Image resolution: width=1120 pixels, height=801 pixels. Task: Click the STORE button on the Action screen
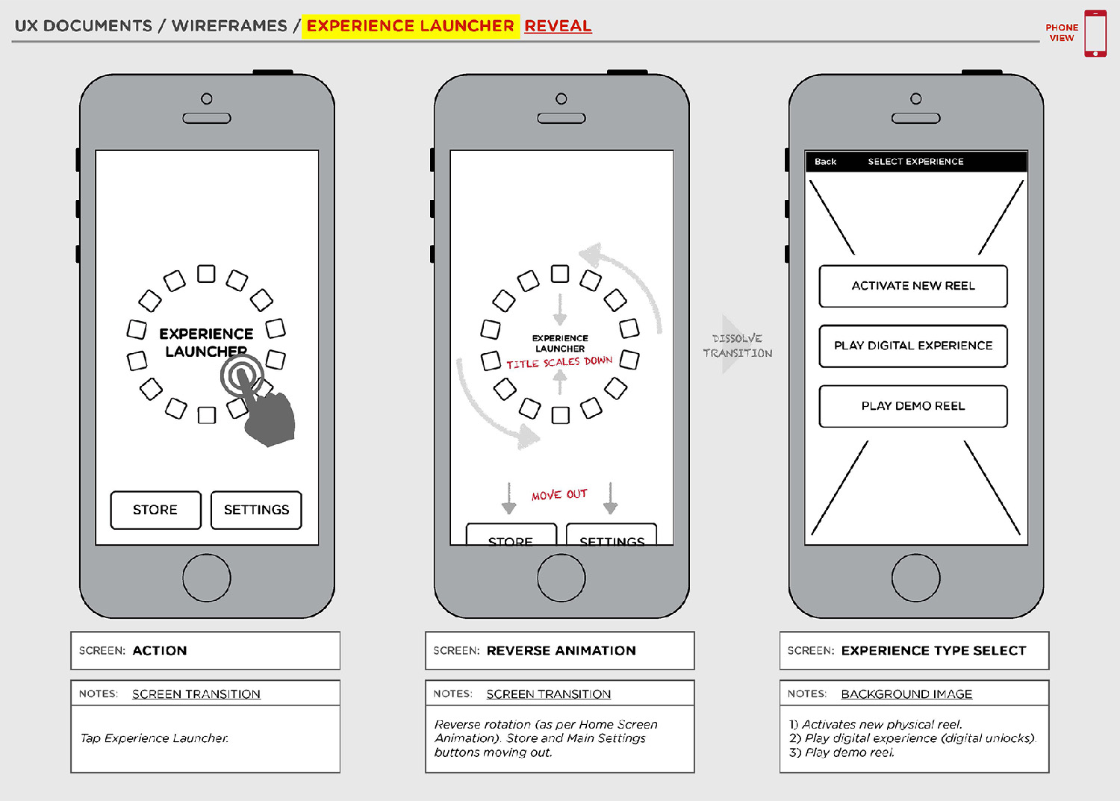tap(155, 510)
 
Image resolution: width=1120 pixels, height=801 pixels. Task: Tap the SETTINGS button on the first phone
tap(256, 510)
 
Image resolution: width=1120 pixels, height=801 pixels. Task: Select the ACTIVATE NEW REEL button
tap(912, 286)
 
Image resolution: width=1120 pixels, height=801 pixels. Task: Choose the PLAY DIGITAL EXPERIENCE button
tap(912, 346)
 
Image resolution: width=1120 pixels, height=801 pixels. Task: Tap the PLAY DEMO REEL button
tap(912, 406)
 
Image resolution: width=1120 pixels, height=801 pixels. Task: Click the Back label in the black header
tap(825, 162)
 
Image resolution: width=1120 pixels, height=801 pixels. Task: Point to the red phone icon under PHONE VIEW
tap(1095, 34)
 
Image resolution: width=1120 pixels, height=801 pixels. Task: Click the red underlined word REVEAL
tap(558, 26)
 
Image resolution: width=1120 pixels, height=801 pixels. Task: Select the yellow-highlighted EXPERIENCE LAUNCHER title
tap(410, 26)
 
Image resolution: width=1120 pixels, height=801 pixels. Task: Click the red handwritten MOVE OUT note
tap(559, 495)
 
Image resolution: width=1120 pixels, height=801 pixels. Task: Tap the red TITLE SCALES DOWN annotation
tap(559, 363)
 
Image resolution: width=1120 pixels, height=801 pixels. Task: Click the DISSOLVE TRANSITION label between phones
tap(737, 346)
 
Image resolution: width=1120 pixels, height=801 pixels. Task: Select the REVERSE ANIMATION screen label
tap(561, 651)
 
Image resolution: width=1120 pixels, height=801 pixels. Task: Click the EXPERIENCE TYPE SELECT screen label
tap(933, 651)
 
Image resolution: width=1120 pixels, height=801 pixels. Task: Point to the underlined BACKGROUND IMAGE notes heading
tap(906, 694)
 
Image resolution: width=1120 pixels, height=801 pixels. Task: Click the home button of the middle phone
tap(561, 578)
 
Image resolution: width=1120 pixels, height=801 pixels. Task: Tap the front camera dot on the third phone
tap(915, 99)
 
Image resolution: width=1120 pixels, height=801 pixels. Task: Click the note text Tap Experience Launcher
tap(155, 738)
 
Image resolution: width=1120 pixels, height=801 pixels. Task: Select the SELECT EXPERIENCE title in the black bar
tap(915, 162)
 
